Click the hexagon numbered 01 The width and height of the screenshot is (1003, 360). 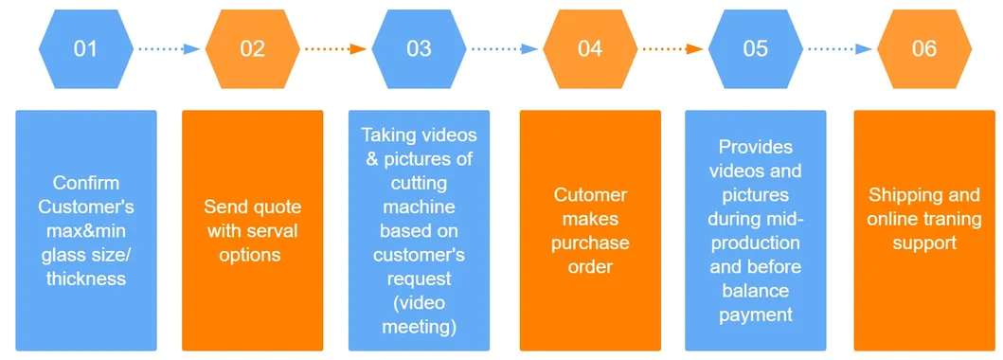click(x=85, y=48)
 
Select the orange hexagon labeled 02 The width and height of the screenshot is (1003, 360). click(x=252, y=48)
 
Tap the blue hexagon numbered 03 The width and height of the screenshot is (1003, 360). click(x=419, y=48)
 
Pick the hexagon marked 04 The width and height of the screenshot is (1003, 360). click(x=589, y=48)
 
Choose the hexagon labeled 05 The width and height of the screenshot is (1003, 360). click(x=755, y=48)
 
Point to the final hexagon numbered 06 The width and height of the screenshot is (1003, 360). click(x=924, y=48)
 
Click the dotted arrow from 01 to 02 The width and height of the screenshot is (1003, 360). click(x=169, y=48)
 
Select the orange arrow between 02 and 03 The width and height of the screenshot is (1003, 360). click(x=335, y=48)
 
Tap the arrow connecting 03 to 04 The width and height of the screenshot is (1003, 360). click(x=504, y=48)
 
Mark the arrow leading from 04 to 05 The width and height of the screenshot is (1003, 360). click(x=672, y=48)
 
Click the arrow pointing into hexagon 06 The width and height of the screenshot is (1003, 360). click(x=839, y=48)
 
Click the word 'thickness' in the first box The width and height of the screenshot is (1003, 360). click(x=86, y=279)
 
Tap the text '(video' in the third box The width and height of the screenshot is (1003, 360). click(x=419, y=304)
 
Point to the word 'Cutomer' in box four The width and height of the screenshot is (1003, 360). click(x=590, y=195)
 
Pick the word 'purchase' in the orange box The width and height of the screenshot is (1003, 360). click(x=590, y=243)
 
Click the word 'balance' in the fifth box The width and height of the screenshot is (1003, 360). click(x=755, y=291)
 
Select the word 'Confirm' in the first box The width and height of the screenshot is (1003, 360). click(x=86, y=183)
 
